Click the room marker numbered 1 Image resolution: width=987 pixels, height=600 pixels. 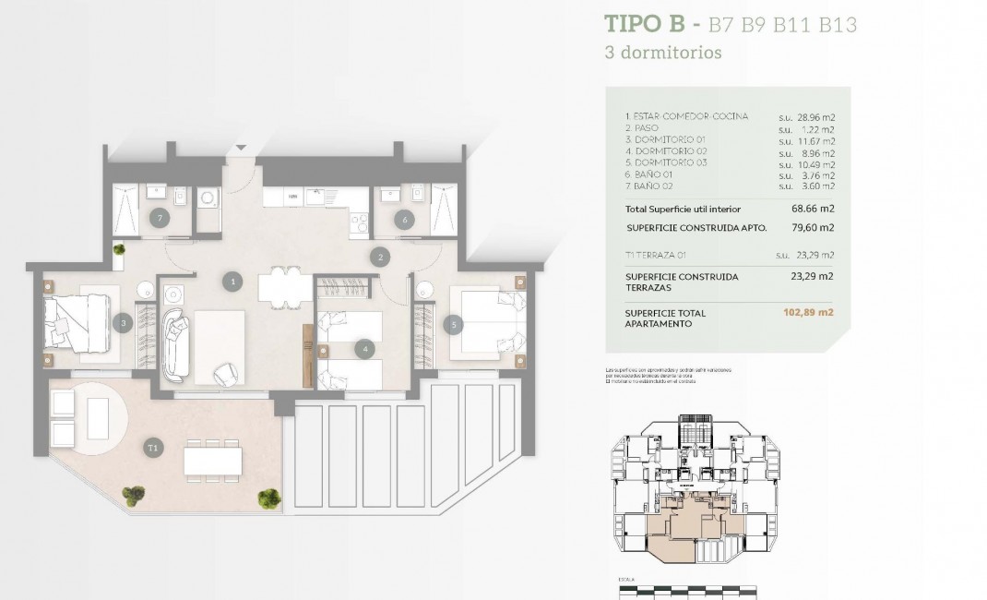(234, 281)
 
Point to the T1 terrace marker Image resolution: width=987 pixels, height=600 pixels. (153, 448)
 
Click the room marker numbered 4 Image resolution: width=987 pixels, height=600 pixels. (366, 349)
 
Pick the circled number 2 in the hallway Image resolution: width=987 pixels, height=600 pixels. (378, 258)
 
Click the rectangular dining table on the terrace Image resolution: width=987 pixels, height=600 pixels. (212, 460)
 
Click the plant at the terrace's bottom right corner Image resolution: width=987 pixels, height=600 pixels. (269, 498)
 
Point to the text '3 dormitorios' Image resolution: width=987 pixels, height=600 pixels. (662, 53)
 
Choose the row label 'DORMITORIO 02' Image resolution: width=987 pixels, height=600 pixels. (666, 151)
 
